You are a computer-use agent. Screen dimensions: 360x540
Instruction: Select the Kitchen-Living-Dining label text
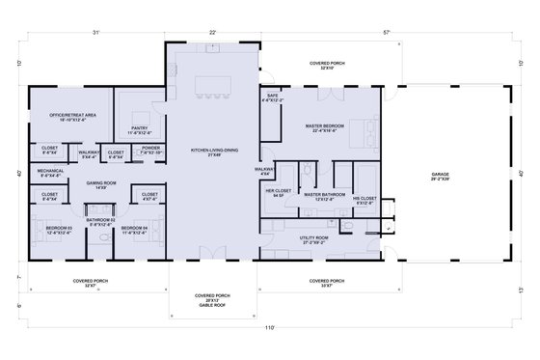click(213, 152)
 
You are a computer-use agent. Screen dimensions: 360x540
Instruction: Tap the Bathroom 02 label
click(100, 222)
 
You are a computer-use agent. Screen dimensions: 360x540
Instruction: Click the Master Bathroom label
click(323, 196)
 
